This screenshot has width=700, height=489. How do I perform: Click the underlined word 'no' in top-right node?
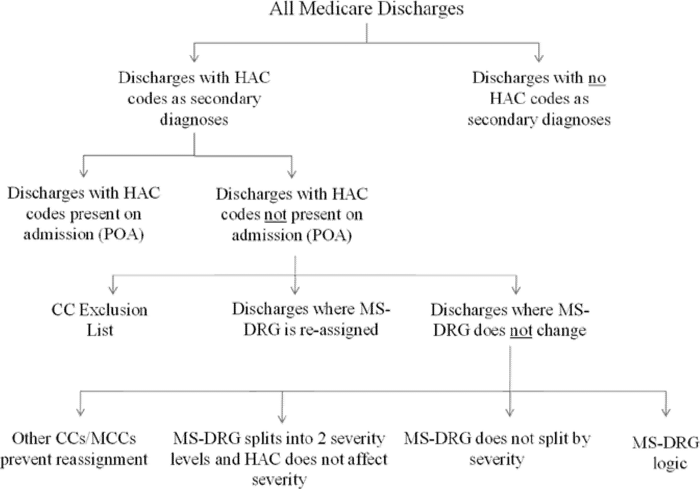coord(597,78)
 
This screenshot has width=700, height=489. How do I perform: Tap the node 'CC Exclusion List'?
coord(100,320)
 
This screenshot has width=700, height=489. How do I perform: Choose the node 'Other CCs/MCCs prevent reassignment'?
coord(74,449)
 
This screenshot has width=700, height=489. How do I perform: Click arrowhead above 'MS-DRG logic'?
coord(666,413)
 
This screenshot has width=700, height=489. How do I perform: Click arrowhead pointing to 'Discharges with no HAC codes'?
coord(539,59)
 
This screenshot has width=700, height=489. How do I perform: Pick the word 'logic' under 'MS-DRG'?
coord(670,464)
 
